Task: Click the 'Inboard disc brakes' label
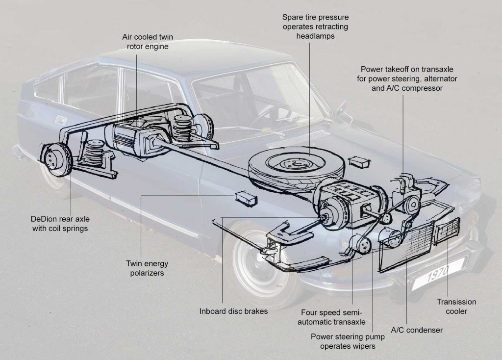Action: point(233,311)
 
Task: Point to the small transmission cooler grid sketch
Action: point(448,229)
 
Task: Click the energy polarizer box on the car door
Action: point(245,198)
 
